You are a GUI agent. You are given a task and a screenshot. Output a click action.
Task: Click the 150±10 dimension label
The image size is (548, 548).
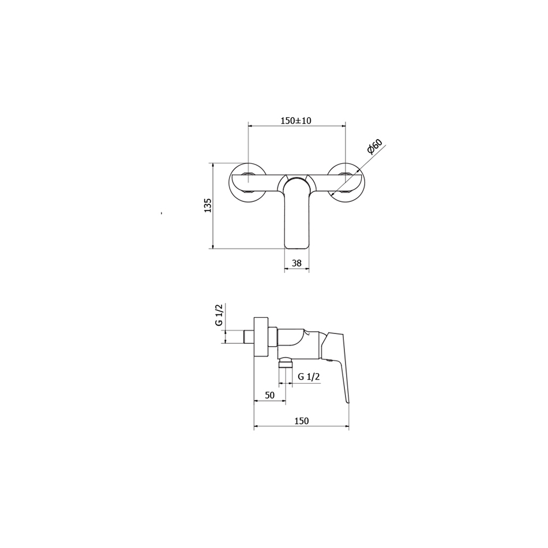pyautogui.click(x=296, y=121)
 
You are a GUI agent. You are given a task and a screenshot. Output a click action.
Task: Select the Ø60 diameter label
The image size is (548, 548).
pyautogui.click(x=374, y=147)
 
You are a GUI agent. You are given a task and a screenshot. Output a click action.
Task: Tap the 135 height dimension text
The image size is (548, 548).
pyautogui.click(x=208, y=205)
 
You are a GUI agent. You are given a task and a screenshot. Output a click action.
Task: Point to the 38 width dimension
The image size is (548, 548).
pyautogui.click(x=296, y=263)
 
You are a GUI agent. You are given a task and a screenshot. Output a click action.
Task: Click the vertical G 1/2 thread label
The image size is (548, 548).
pyautogui.click(x=219, y=315)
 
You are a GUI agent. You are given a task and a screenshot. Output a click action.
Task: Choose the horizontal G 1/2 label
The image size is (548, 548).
pyautogui.click(x=309, y=377)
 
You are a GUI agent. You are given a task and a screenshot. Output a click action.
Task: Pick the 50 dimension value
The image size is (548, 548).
pyautogui.click(x=269, y=395)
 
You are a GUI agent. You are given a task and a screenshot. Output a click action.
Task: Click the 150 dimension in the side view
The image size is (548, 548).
pyautogui.click(x=301, y=421)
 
